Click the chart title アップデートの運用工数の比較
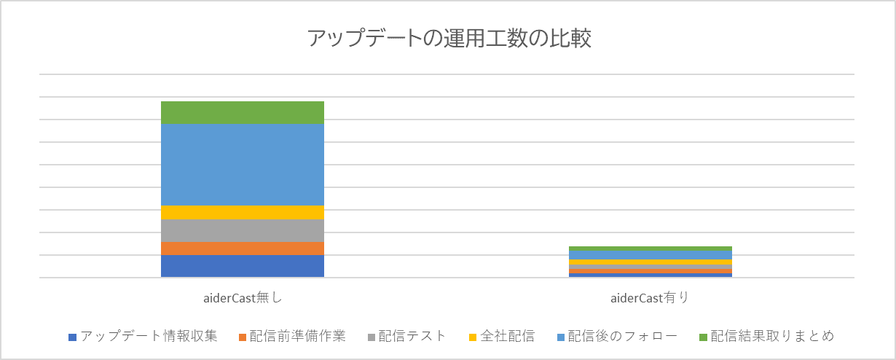point(448,39)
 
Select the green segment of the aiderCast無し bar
point(242,112)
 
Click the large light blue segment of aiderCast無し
point(242,164)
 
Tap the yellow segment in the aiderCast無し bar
point(242,212)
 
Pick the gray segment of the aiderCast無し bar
point(242,230)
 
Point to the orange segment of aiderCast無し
point(242,248)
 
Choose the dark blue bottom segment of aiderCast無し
point(242,266)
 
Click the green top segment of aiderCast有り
point(650,249)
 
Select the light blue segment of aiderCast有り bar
point(650,255)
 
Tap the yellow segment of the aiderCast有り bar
point(650,262)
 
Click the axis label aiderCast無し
point(242,297)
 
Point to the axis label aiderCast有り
point(650,297)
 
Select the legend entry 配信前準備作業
point(297,336)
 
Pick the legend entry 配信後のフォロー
point(623,336)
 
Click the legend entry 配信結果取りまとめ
point(772,336)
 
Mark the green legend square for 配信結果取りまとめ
point(703,337)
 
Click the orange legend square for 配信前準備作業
point(242,337)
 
